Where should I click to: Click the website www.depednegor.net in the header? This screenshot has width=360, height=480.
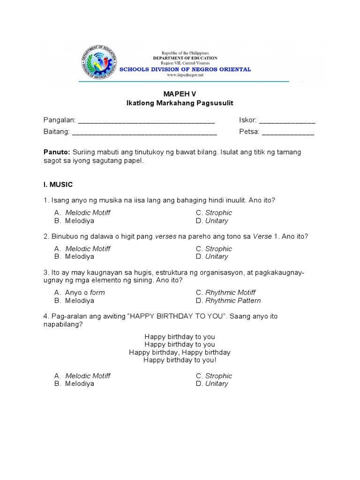coord(185,75)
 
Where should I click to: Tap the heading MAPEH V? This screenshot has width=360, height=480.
coord(180,94)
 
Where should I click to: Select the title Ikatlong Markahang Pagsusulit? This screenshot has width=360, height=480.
coord(180,103)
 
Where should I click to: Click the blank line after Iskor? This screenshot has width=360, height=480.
coord(287,121)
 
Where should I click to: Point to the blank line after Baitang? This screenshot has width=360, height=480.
coord(144,133)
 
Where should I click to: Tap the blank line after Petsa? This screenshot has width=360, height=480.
coord(288,133)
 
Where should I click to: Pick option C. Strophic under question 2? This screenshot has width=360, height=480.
coord(214,249)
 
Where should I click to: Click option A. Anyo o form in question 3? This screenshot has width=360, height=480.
coord(80,292)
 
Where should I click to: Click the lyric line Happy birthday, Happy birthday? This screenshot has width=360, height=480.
coord(180,352)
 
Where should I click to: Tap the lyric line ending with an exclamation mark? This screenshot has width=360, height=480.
coord(180,360)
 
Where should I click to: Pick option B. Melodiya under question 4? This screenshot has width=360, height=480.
coord(75,383)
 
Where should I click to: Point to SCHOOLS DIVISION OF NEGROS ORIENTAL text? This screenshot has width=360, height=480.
coord(185,69)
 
